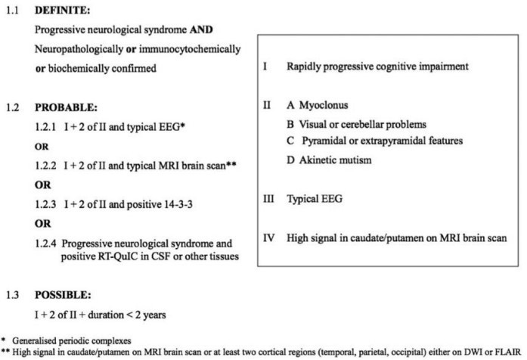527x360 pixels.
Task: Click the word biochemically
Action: pos(75,68)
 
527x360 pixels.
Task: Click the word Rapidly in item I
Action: pos(302,67)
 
